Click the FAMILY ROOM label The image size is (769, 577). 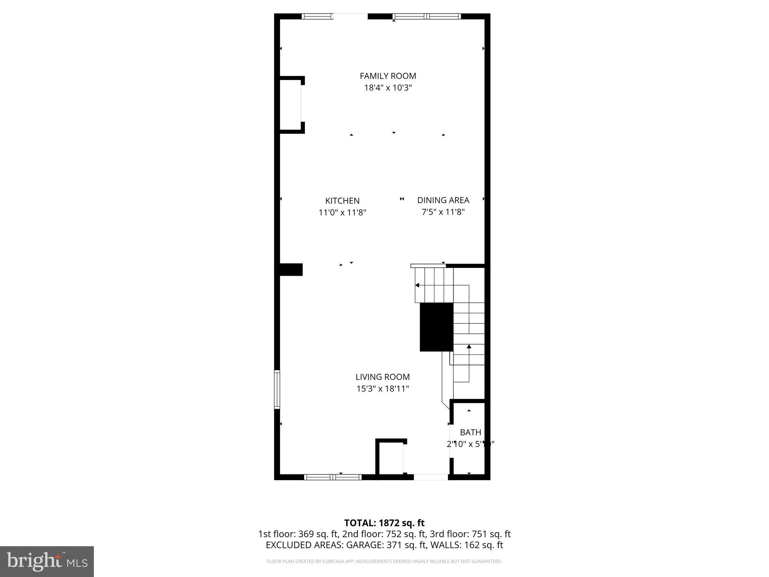click(x=388, y=76)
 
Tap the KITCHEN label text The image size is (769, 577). click(x=342, y=201)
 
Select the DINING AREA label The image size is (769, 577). click(x=443, y=200)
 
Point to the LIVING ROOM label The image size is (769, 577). click(x=383, y=377)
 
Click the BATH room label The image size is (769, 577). click(x=470, y=432)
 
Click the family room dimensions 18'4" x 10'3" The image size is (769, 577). click(x=388, y=88)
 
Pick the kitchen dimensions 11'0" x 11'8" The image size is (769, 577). click(x=342, y=213)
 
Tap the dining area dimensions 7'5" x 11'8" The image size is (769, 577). click(x=443, y=212)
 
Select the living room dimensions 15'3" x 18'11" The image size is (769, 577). click(x=383, y=389)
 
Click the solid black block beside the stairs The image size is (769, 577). click(x=436, y=327)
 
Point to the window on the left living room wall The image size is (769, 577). click(x=277, y=389)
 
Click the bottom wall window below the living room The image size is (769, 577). click(x=333, y=477)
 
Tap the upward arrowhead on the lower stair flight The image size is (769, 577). click(x=469, y=346)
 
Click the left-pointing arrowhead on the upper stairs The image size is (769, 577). click(x=417, y=285)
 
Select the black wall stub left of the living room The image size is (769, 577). click(x=291, y=269)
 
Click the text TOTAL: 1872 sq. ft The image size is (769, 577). click(x=384, y=523)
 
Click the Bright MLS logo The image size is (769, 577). click(x=47, y=561)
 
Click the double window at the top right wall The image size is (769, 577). click(x=427, y=16)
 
